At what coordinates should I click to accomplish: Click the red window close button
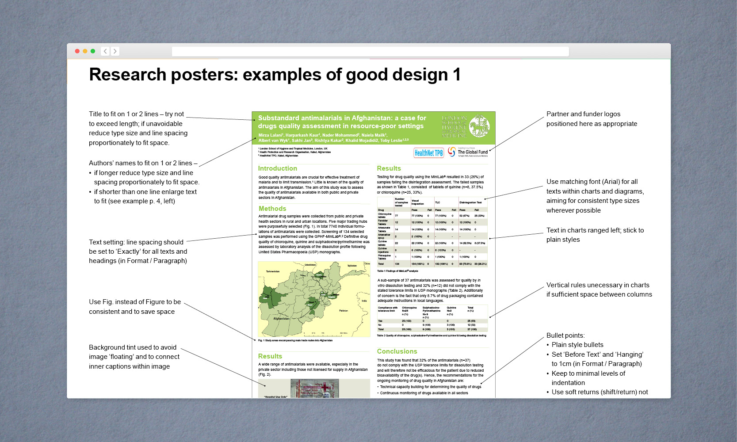click(x=77, y=51)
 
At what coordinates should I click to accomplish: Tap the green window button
click(x=93, y=51)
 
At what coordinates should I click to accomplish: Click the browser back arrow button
click(x=105, y=51)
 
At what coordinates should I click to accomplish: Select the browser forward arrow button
click(x=115, y=51)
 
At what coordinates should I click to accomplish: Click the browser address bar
click(x=370, y=52)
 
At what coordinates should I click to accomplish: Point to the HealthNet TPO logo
click(x=428, y=153)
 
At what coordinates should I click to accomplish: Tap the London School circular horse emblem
click(x=479, y=126)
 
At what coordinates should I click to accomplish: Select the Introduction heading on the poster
click(x=278, y=168)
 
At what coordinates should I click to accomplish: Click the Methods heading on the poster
click(x=272, y=209)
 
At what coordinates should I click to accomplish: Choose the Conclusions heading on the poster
click(x=397, y=351)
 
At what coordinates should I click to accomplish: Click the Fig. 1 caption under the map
click(x=295, y=340)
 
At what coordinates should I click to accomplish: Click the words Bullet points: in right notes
click(x=565, y=335)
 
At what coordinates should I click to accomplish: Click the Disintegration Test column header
click(x=470, y=202)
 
